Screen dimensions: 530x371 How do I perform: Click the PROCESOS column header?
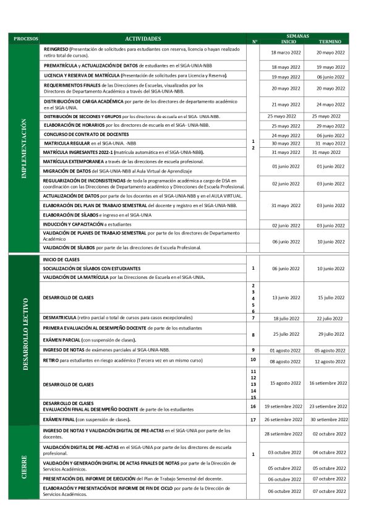click(x=25, y=38)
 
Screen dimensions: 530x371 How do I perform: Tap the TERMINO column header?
click(x=330, y=41)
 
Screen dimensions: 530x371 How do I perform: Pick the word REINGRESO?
click(x=56, y=48)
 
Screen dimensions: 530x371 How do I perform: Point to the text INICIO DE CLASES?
click(x=62, y=259)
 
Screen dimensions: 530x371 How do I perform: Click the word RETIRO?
click(x=51, y=359)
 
